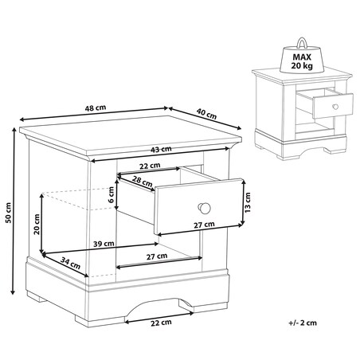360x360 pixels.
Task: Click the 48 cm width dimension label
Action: click(x=96, y=108)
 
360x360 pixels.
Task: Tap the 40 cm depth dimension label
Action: click(x=206, y=114)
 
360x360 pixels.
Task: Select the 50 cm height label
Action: click(x=9, y=213)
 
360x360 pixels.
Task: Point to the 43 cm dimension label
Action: click(x=161, y=149)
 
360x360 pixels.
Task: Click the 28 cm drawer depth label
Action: click(x=143, y=181)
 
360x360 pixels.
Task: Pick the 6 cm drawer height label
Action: click(x=112, y=194)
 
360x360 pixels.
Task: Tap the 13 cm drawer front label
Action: click(x=247, y=202)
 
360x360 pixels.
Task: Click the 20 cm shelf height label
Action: click(x=37, y=225)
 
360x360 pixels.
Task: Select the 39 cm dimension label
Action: click(x=104, y=244)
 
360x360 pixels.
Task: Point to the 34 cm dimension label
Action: click(x=70, y=263)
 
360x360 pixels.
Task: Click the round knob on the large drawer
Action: click(x=204, y=208)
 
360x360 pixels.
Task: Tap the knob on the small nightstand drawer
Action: click(x=335, y=107)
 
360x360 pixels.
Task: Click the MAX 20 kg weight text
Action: click(x=302, y=61)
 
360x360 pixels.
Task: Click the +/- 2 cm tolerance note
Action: click(x=303, y=323)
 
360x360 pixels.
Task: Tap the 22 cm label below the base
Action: click(x=161, y=323)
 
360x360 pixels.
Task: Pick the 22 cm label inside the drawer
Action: click(x=150, y=166)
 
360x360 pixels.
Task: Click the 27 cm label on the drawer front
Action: click(x=204, y=225)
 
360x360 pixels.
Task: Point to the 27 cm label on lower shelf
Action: click(x=157, y=256)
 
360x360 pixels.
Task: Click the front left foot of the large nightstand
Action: click(x=100, y=321)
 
